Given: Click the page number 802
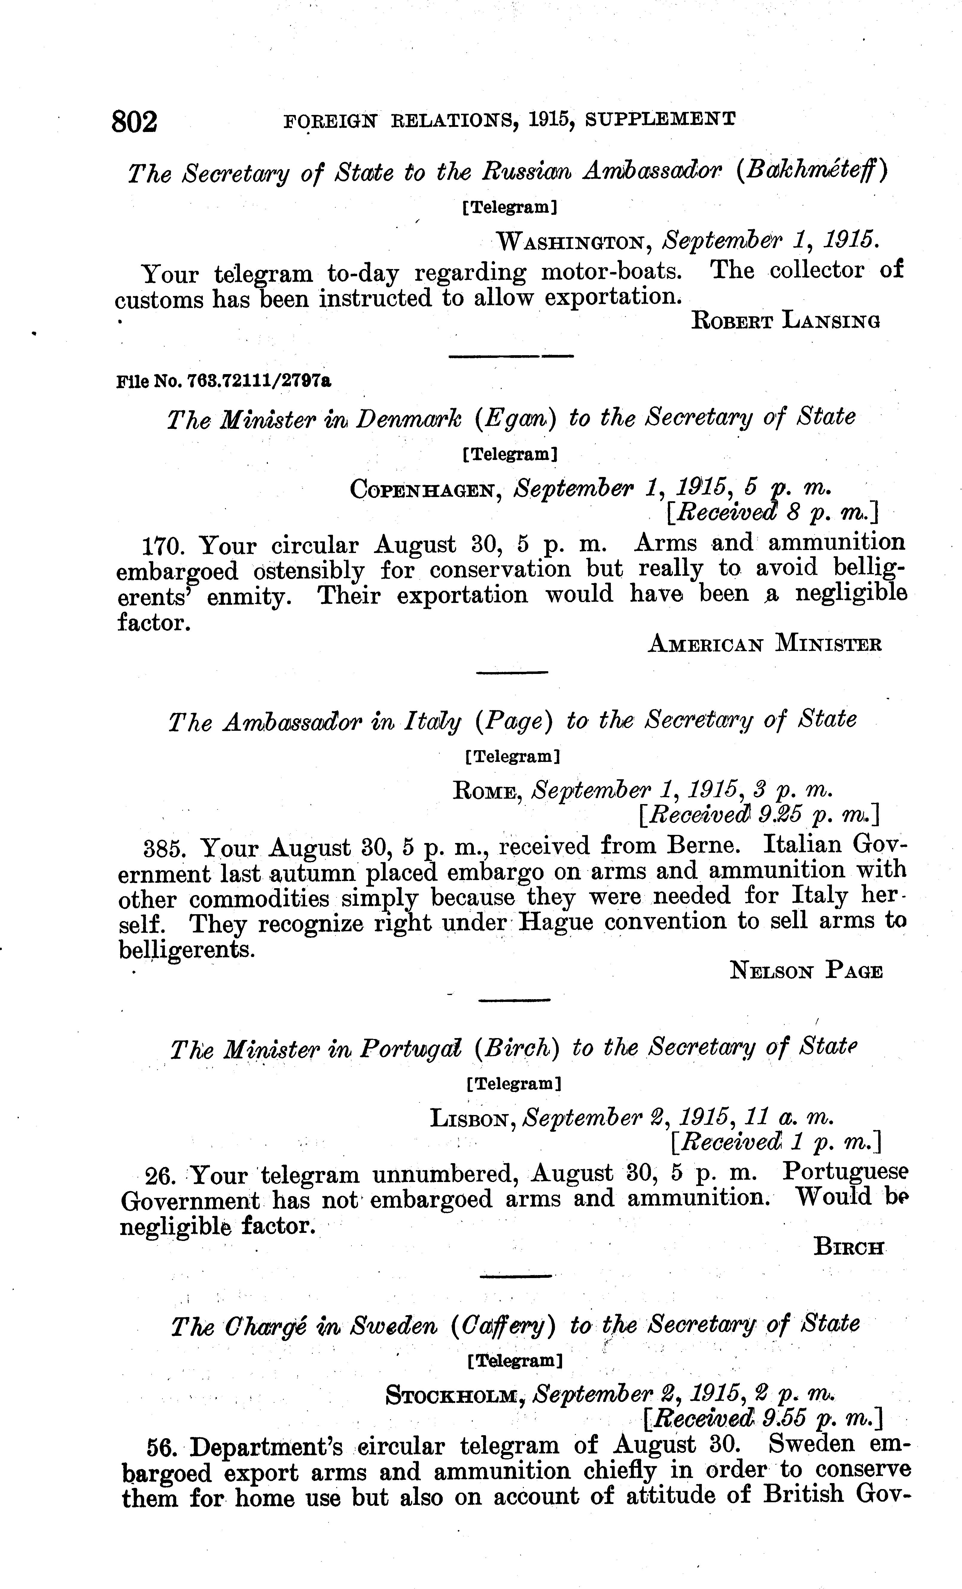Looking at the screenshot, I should point(134,121).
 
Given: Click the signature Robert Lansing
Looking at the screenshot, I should point(785,321).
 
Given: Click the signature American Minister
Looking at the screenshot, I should point(764,644).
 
